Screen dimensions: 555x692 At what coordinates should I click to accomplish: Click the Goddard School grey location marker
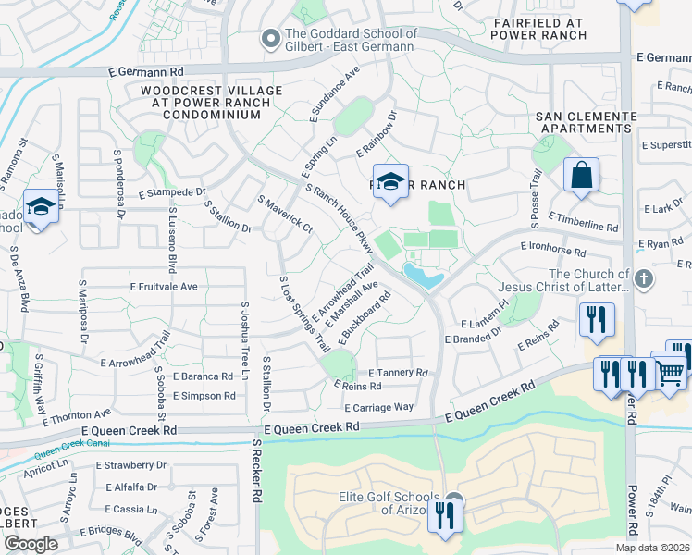(x=270, y=39)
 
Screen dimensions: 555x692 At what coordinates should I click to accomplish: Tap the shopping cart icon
(x=671, y=373)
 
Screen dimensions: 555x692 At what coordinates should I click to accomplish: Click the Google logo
(x=31, y=544)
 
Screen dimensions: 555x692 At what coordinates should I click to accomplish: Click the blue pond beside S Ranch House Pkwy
(x=422, y=275)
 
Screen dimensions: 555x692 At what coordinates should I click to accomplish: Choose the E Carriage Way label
(x=377, y=406)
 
